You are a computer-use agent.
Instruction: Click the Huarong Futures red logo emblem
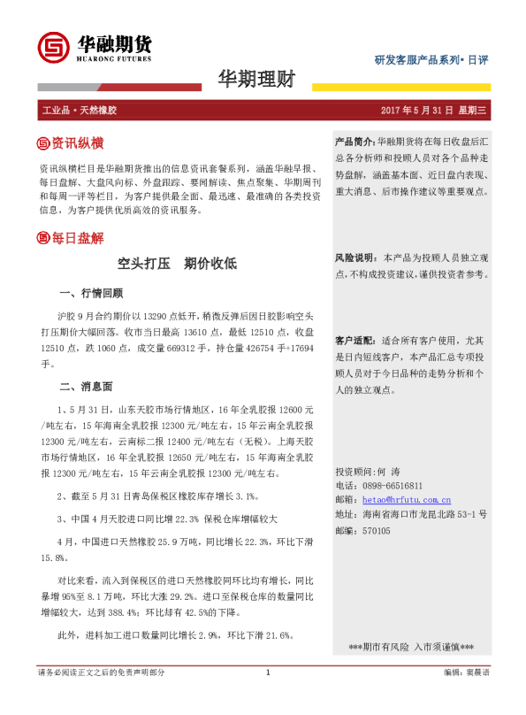[51, 48]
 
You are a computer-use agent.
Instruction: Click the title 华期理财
[256, 79]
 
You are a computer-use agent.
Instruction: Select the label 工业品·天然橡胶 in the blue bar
[80, 110]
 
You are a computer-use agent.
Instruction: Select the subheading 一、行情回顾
[91, 293]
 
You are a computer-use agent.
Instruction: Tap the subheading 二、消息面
[86, 386]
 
